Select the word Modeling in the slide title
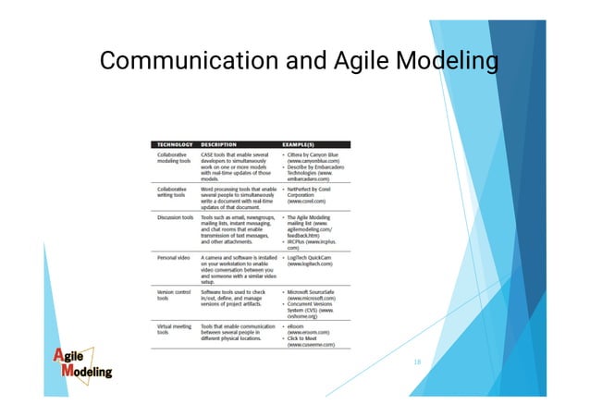[x=446, y=63]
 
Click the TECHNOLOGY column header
[x=175, y=144]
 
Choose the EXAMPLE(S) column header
[x=311, y=144]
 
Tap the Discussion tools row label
[x=176, y=217]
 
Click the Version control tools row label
[x=175, y=294]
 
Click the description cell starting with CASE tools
[x=235, y=167]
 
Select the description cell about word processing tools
[x=237, y=197]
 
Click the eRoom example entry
[x=305, y=327]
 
